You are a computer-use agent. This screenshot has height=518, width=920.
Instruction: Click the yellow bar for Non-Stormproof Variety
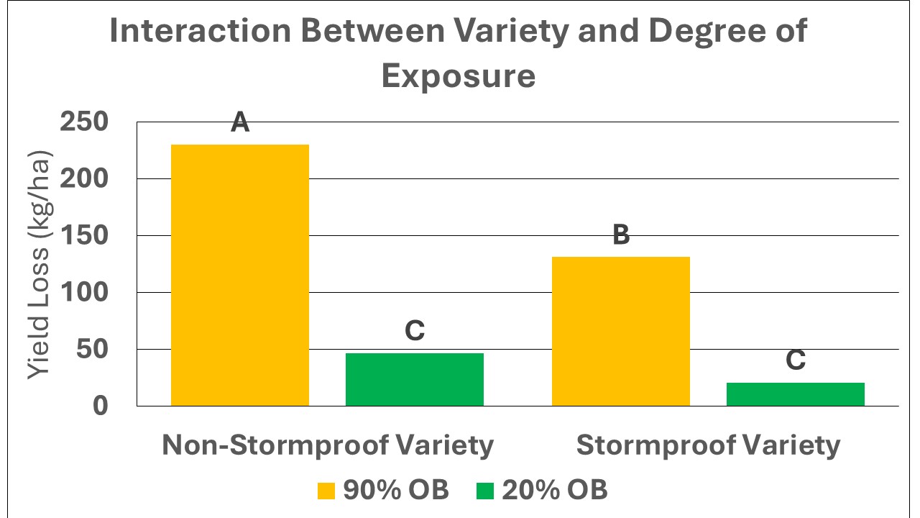[239, 275]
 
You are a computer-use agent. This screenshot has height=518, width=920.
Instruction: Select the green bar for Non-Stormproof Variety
[415, 379]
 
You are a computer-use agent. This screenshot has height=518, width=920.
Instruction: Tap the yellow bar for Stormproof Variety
[620, 331]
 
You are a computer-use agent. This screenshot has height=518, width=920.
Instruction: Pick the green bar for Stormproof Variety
[795, 394]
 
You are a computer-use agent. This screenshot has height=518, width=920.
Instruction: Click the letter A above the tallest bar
[240, 123]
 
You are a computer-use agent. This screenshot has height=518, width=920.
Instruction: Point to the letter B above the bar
[621, 235]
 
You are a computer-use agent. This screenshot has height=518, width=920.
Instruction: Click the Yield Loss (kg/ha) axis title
[40, 265]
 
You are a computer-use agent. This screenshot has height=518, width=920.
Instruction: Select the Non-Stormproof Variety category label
[328, 445]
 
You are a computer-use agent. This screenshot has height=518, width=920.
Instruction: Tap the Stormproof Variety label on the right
[708, 445]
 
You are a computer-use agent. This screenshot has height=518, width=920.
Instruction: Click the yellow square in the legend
[326, 491]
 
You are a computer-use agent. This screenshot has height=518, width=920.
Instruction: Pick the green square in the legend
[485, 491]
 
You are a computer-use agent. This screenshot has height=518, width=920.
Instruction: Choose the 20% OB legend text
[554, 490]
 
